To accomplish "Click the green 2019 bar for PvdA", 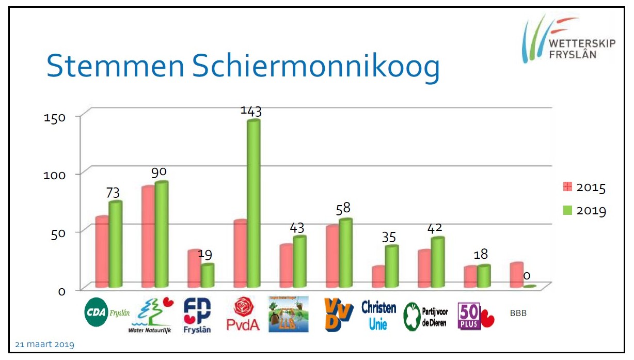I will pyautogui.click(x=253, y=204).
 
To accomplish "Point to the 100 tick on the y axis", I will pyautogui.click(x=54, y=175).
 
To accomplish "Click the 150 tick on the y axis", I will pyautogui.click(x=54, y=118).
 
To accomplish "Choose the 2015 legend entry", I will pyautogui.click(x=584, y=187).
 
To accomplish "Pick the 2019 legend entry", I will pyautogui.click(x=584, y=210).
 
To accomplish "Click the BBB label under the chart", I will pyautogui.click(x=518, y=313).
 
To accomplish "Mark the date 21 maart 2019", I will pyautogui.click(x=45, y=345).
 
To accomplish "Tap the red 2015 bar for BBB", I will pyautogui.click(x=516, y=275).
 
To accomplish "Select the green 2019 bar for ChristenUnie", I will pyautogui.click(x=392, y=267).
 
